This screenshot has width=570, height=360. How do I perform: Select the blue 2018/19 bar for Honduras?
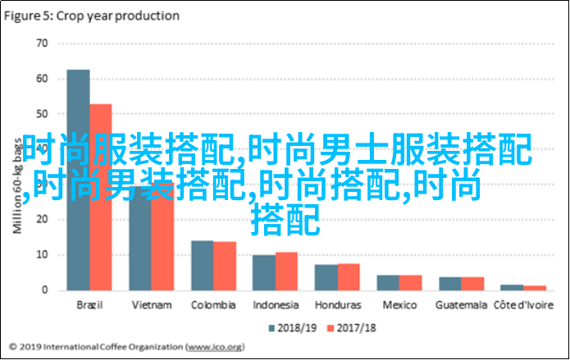326,276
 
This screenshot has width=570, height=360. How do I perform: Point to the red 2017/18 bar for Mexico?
410,281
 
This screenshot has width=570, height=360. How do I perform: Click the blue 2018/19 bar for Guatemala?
450,283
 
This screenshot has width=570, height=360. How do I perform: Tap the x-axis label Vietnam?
152,305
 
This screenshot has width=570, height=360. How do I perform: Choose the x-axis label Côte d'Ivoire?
522,305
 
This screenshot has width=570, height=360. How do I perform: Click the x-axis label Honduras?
337,305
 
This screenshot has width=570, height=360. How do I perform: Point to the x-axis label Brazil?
90,305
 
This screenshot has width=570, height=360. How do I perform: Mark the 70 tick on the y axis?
41,43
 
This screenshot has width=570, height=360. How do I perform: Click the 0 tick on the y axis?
44,289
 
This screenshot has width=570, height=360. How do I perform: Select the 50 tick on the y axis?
41,113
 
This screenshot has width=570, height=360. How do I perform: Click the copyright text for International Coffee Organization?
98,347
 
